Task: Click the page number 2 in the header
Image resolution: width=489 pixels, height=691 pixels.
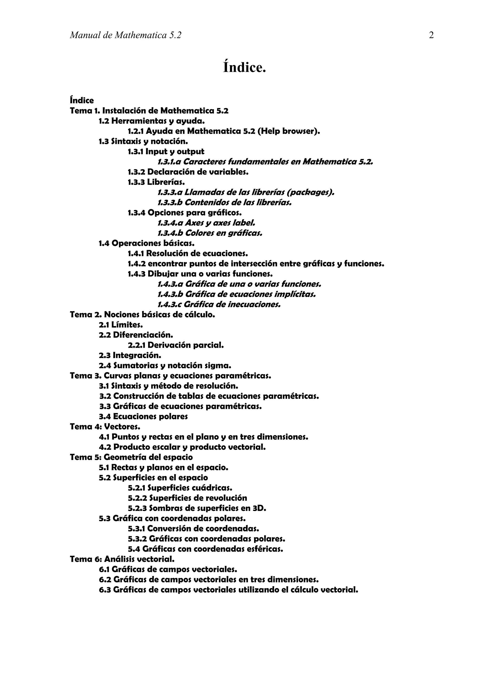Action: pyautogui.click(x=431, y=36)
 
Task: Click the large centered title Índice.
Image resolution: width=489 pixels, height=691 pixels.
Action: pyautogui.click(x=244, y=67)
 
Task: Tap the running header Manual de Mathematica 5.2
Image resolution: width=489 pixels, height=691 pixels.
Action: pyautogui.click(x=126, y=36)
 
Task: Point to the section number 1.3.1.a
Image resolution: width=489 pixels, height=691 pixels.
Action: pyautogui.click(x=169, y=162)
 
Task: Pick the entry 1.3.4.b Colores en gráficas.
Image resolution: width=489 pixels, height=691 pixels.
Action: pyautogui.click(x=210, y=233)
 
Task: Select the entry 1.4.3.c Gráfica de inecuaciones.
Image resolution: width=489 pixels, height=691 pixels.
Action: pyautogui.click(x=219, y=305)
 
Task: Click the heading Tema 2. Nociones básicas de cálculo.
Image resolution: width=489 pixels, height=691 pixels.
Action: pyautogui.click(x=143, y=315)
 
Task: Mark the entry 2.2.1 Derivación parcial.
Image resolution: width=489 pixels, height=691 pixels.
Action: pyautogui.click(x=176, y=345)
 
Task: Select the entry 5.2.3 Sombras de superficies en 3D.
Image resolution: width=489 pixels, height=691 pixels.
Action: pyautogui.click(x=197, y=508)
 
